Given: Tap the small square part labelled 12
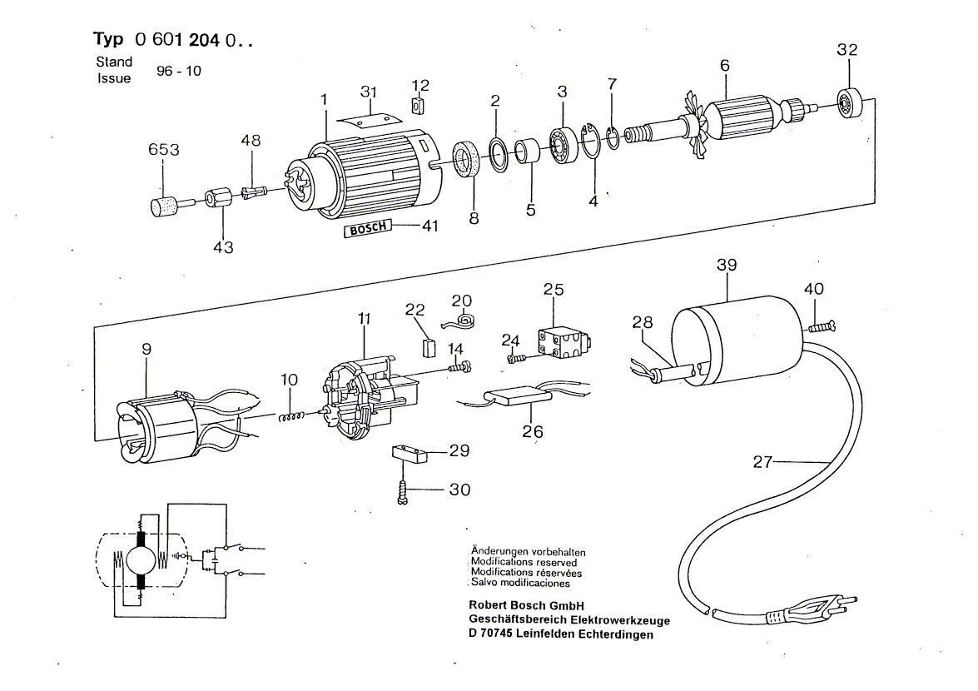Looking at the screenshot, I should pyautogui.click(x=419, y=106).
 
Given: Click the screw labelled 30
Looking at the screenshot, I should pyautogui.click(x=402, y=492).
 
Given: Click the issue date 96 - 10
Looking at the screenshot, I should pyautogui.click(x=178, y=71).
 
